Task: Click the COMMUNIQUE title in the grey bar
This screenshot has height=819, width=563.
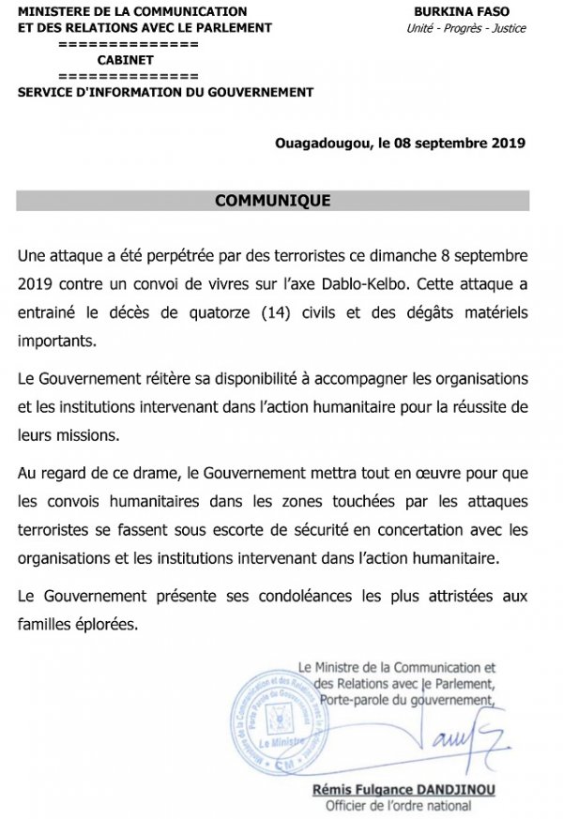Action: [272, 201]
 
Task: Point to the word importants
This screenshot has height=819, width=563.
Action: [57, 341]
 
